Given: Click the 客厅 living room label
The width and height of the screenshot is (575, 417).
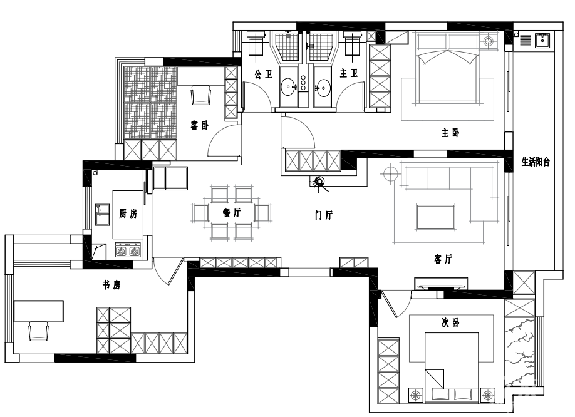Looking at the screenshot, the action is pyautogui.click(x=443, y=259).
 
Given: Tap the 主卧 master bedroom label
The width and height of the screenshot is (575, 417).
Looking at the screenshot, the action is pyautogui.click(x=450, y=132).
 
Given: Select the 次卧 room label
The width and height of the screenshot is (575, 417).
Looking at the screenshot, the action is pyautogui.click(x=450, y=323).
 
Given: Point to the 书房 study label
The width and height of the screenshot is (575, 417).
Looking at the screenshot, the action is pyautogui.click(x=111, y=285).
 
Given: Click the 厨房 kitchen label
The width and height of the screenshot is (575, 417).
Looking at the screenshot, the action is pyautogui.click(x=128, y=214).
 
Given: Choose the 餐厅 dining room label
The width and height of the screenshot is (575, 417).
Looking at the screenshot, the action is pyautogui.click(x=232, y=212).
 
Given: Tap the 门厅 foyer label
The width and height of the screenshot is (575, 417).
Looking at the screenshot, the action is pyautogui.click(x=324, y=215).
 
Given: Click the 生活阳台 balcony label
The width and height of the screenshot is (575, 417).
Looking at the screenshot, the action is pyautogui.click(x=536, y=162).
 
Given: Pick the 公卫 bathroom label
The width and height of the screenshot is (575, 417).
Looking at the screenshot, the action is pyautogui.click(x=264, y=75).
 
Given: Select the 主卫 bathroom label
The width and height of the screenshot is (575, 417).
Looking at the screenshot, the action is pyautogui.click(x=349, y=73).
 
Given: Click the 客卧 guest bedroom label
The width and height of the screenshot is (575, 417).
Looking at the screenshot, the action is pyautogui.click(x=199, y=125).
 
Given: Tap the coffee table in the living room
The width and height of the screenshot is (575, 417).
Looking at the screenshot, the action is pyautogui.click(x=436, y=217).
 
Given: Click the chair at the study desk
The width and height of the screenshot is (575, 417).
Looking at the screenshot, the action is pyautogui.click(x=38, y=331).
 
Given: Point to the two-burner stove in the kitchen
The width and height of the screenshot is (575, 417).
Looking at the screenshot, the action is pyautogui.click(x=128, y=249).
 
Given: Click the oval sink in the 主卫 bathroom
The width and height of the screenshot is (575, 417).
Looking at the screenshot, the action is pyautogui.click(x=323, y=87).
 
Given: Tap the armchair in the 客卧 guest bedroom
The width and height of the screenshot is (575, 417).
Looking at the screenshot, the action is pyautogui.click(x=201, y=95).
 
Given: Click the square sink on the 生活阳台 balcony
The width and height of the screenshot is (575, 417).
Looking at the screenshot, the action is pyautogui.click(x=542, y=40).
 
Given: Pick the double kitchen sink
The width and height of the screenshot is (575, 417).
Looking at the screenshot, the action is pyautogui.click(x=103, y=214).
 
